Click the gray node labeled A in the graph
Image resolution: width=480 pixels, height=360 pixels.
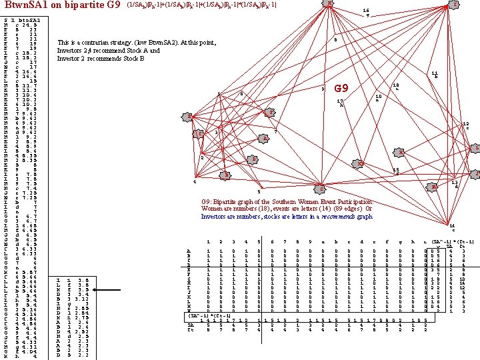pyautogui.click(x=265, y=139)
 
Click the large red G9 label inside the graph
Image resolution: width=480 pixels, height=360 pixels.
pyautogui.click(x=341, y=89)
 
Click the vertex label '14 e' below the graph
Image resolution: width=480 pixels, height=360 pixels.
pyautogui.click(x=453, y=228)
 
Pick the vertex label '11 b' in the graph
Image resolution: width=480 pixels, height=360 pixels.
pyautogui.click(x=435, y=75)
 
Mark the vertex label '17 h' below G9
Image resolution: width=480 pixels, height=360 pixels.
pyautogui.click(x=341, y=103)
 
